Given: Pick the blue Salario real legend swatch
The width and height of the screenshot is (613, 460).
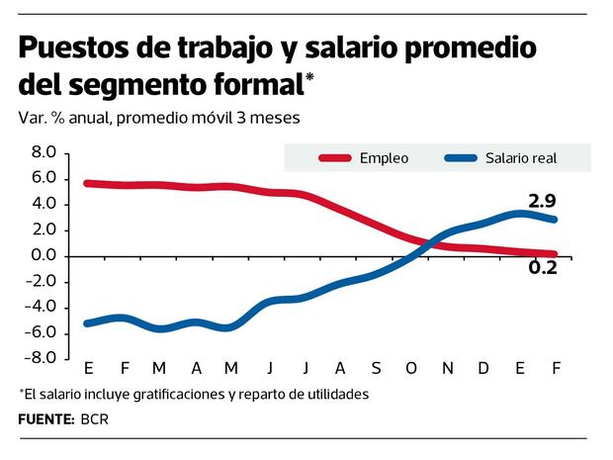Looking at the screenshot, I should pos(462,158).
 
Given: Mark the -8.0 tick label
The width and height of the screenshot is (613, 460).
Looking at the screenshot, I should pos(44,359).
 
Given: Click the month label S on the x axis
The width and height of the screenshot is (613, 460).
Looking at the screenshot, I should pos(377,369).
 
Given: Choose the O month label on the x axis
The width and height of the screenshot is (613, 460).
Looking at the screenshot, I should pos(412,369).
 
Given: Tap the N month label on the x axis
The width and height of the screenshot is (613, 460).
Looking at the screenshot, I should pos(448,369).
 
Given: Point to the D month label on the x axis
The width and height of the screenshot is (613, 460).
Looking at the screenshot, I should pos(484,369).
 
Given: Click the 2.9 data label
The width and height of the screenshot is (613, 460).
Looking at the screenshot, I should pos(542,202).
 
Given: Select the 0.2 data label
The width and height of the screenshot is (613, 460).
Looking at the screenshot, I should pos(542,267).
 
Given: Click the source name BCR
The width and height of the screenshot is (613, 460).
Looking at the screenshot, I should pos(96,419).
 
